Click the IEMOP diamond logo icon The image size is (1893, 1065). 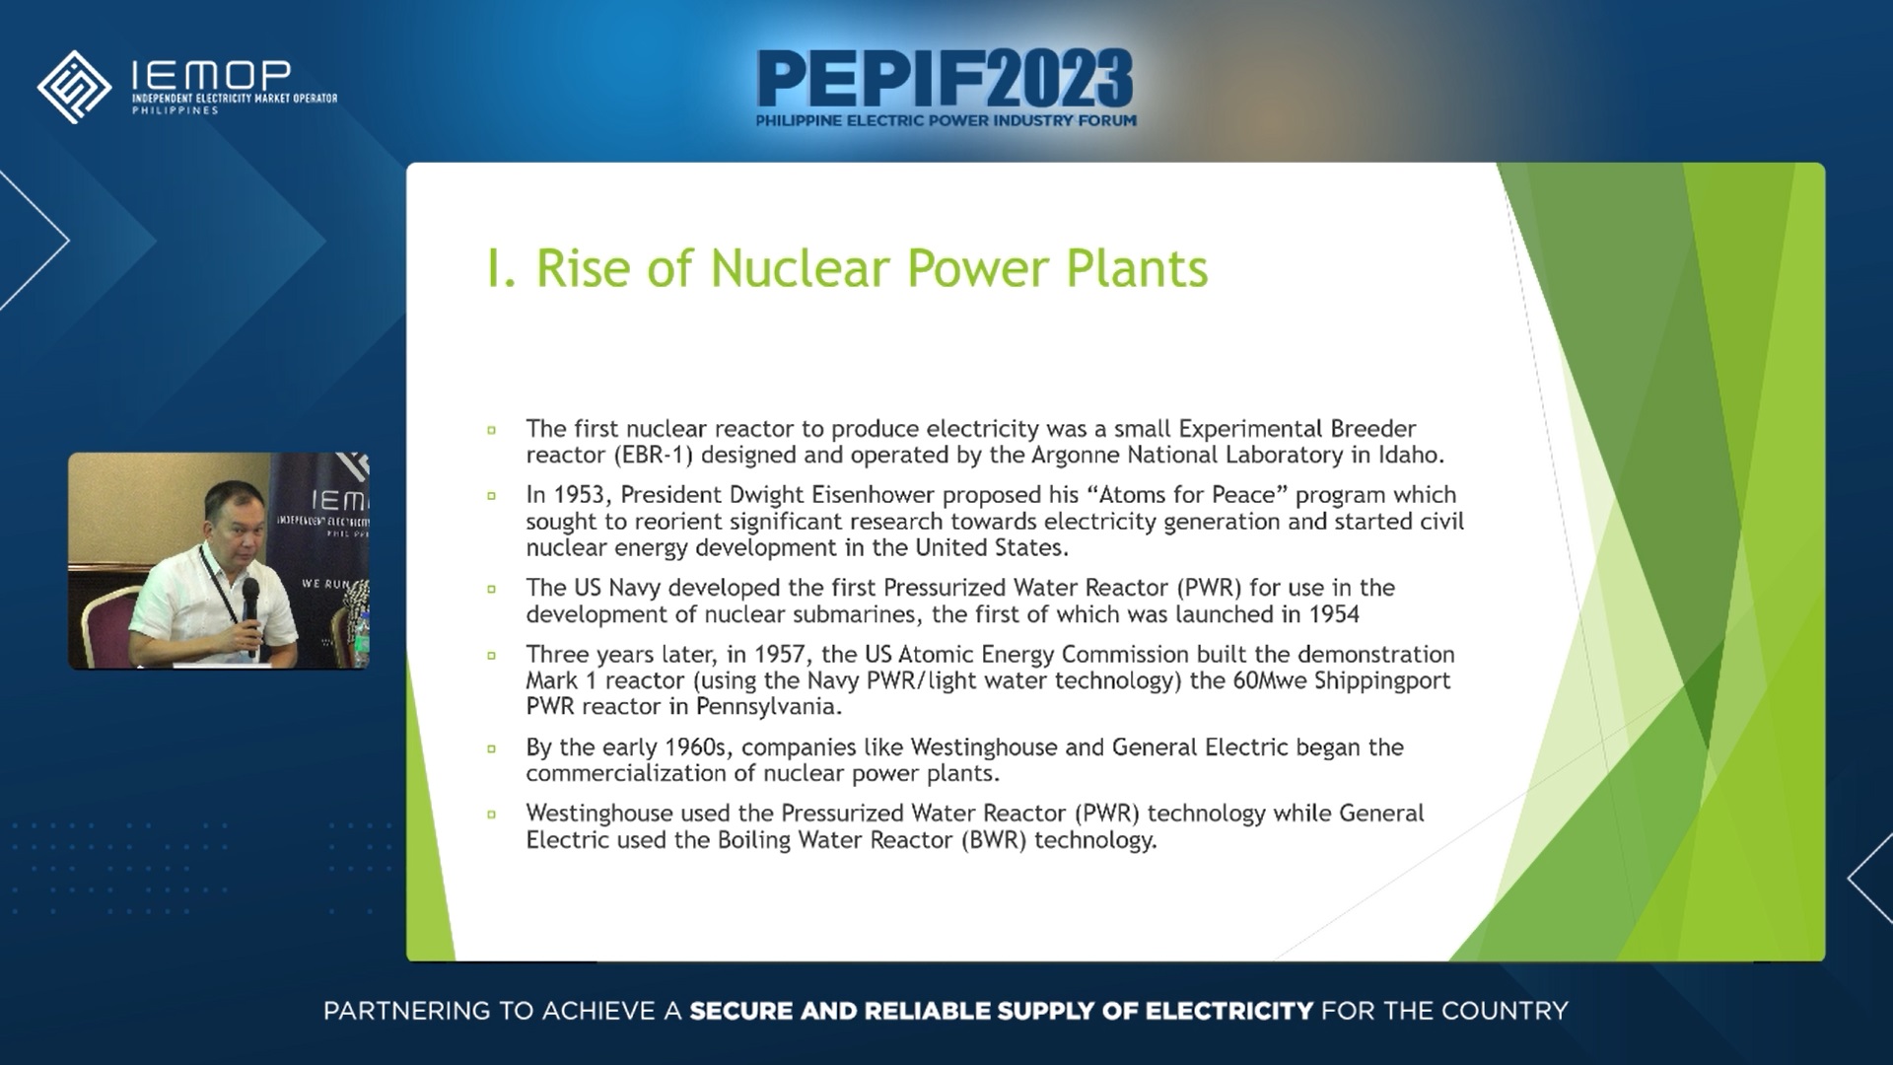pos(74,87)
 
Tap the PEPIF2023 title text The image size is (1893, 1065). pos(945,79)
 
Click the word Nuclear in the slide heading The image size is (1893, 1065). pos(800,268)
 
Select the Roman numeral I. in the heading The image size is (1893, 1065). pos(500,268)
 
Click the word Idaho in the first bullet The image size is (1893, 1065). pos(1410,456)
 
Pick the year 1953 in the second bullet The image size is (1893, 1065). pos(580,495)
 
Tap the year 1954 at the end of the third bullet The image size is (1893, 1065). pos(1333,615)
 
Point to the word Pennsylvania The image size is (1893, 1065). pos(767,707)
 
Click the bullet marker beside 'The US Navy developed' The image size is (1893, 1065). pos(492,589)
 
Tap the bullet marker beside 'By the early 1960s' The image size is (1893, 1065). pos(492,748)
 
